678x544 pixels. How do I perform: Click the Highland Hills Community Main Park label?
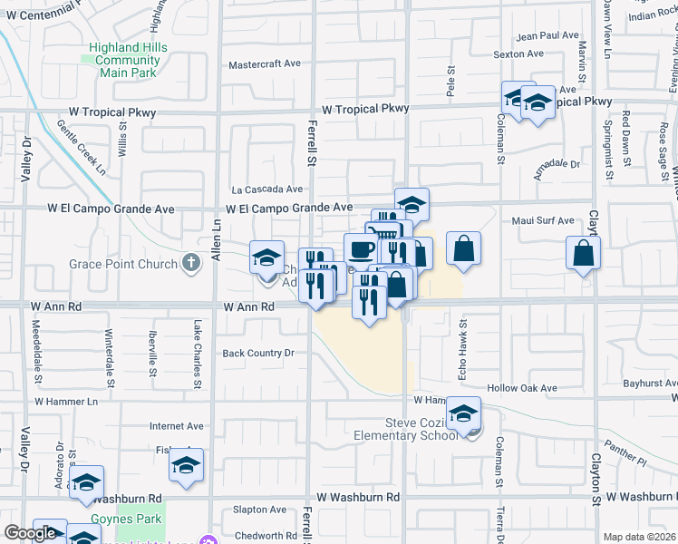(x=127, y=54)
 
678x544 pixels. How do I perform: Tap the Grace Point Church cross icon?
(x=190, y=264)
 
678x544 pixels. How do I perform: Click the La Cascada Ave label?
(x=266, y=189)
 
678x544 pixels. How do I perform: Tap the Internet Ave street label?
(x=177, y=425)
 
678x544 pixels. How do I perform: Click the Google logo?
(x=30, y=533)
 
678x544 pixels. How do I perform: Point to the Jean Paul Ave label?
(x=547, y=35)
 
